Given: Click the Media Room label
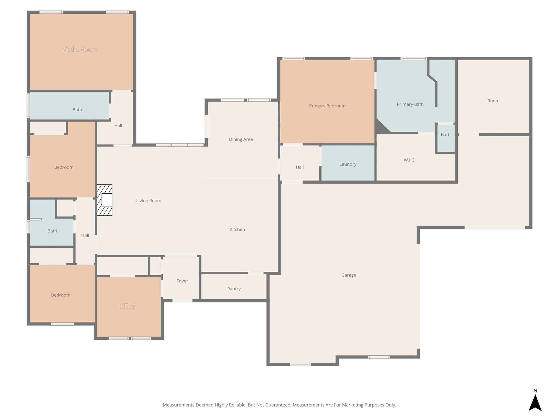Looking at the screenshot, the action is click(x=79, y=49).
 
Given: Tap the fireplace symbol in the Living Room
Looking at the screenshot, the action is click(x=105, y=200).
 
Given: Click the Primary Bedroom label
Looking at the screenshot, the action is click(x=327, y=106).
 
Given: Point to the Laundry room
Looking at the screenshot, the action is click(x=348, y=163).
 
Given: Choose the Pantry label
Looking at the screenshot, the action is click(x=234, y=289).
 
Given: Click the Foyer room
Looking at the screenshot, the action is click(x=182, y=278).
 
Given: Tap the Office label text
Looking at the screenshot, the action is click(x=127, y=306).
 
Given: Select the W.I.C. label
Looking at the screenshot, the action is click(x=409, y=160).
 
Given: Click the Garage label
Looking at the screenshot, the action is click(x=349, y=275).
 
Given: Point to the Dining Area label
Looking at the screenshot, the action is click(x=241, y=139).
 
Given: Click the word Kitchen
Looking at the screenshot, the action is click(x=237, y=229).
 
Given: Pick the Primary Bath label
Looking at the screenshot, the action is click(x=410, y=104).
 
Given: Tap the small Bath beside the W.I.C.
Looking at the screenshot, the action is click(x=446, y=138).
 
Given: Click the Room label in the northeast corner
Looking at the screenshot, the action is click(x=493, y=101).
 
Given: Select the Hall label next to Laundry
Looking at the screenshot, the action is click(x=300, y=167).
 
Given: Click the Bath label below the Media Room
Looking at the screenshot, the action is click(x=77, y=110).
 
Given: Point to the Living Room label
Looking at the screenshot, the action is click(x=149, y=201).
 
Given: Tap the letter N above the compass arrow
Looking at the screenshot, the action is click(x=535, y=391).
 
